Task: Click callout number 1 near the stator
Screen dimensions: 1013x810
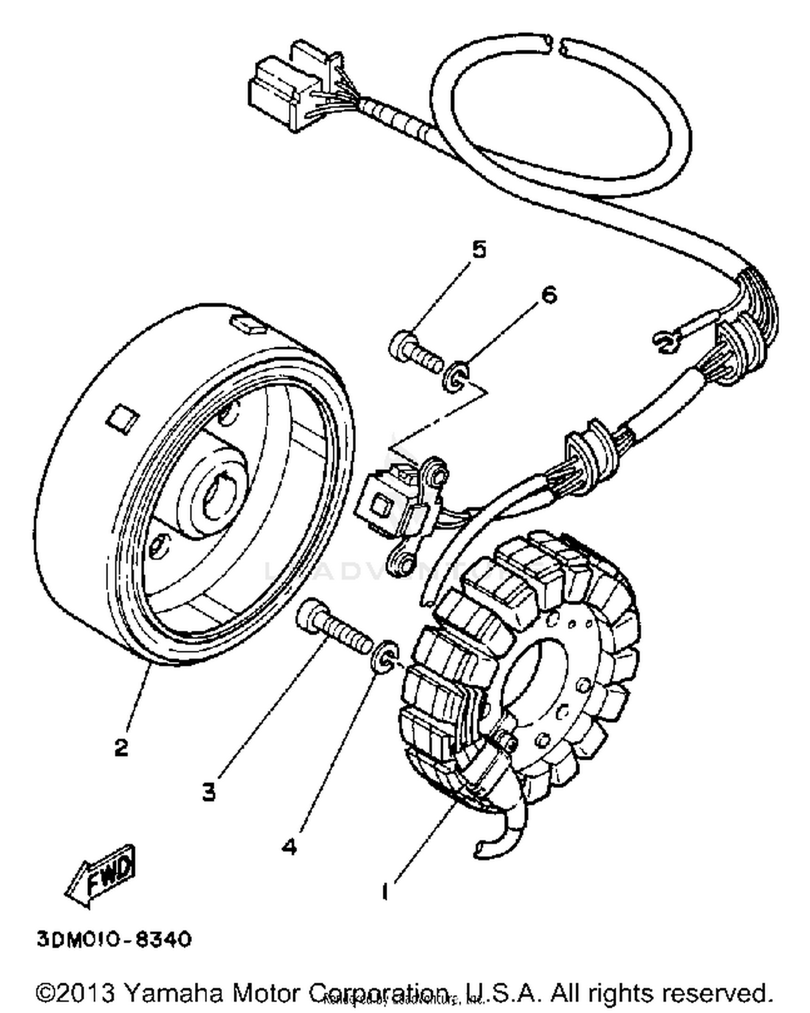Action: pos(384,892)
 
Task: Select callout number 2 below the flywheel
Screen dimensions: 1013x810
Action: pos(122,747)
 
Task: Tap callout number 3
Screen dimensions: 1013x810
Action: pos(209,792)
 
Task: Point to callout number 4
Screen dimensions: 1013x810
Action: pos(289,847)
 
